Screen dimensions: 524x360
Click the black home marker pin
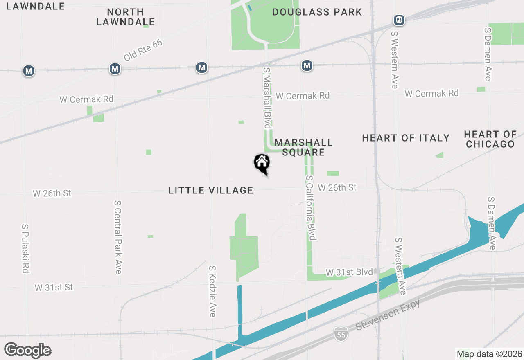(262, 163)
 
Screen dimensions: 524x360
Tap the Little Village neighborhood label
(211, 190)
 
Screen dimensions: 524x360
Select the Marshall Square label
(303, 147)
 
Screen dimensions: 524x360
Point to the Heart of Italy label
(406, 138)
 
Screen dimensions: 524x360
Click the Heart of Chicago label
(490, 139)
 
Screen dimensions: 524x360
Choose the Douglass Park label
(317, 12)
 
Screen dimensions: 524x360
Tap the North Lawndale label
(126, 17)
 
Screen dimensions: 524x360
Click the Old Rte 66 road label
(143, 50)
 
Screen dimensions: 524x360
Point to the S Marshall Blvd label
(267, 98)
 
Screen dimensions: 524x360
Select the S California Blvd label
(311, 208)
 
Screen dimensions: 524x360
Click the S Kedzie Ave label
(212, 291)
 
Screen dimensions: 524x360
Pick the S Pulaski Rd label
(25, 248)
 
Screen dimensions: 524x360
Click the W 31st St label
(54, 288)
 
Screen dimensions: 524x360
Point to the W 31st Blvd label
(349, 272)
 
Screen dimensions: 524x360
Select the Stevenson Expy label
(388, 315)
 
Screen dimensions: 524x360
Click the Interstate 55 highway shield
(341, 333)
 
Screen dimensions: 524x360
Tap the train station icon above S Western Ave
(399, 20)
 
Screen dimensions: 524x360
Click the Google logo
(28, 351)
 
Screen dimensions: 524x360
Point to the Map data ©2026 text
(489, 354)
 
